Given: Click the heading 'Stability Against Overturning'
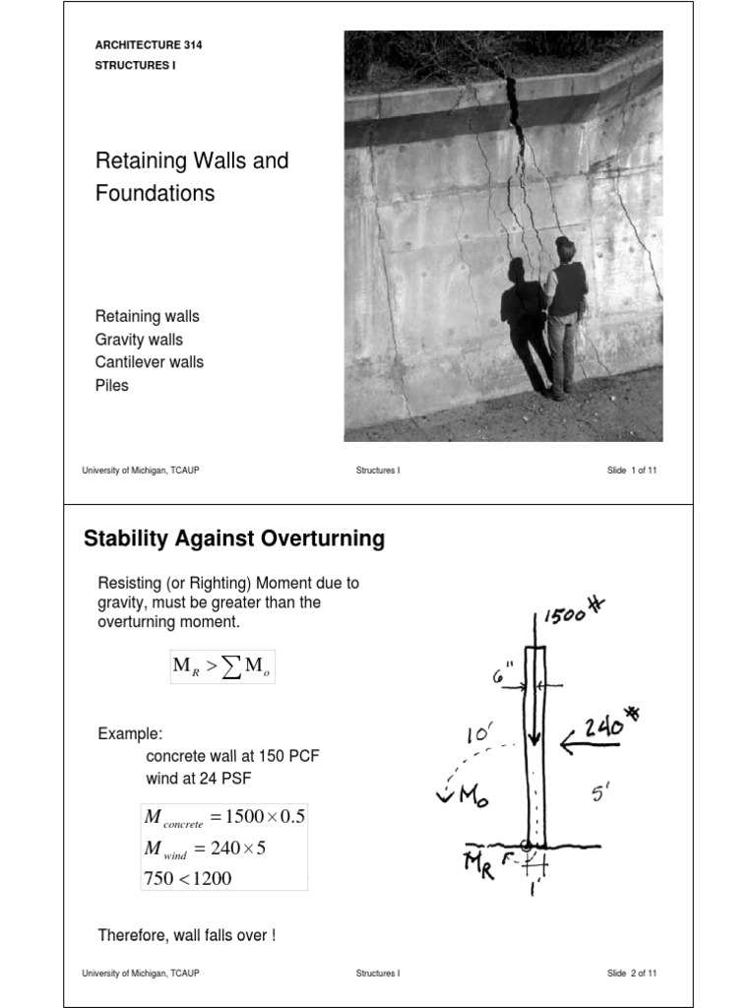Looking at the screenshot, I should click(234, 539).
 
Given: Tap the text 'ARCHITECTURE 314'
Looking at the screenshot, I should click(149, 45).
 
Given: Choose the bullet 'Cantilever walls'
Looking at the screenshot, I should click(150, 362).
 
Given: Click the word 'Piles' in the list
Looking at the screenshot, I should click(112, 386).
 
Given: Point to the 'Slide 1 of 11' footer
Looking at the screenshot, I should click(632, 472).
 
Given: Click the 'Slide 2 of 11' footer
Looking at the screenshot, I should click(632, 974).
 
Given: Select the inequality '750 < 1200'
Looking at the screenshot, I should click(188, 879).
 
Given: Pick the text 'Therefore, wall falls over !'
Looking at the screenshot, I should click(187, 935).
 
